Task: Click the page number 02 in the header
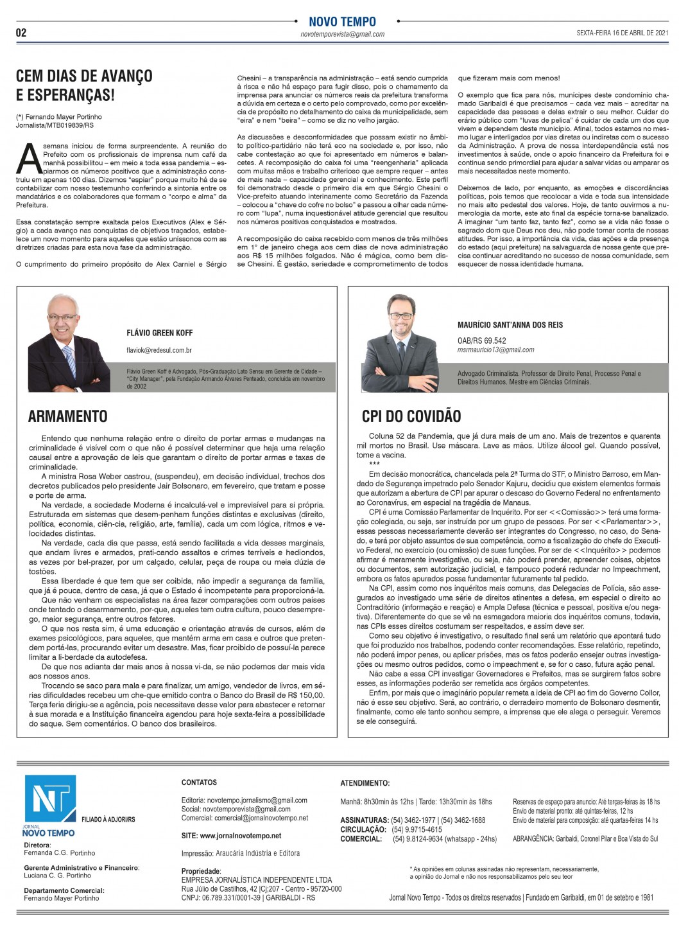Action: point(21,33)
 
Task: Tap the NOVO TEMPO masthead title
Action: point(342,22)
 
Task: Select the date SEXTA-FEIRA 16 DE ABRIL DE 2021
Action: point(622,33)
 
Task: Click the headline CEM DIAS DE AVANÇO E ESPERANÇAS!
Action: point(84,85)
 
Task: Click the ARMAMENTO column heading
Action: point(68,416)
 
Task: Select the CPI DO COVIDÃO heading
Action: point(411,416)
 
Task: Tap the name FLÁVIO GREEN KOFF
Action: point(160,333)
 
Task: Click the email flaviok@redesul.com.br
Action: point(159,350)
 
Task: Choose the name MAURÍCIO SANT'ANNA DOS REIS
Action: point(510,325)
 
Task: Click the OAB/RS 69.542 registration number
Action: point(481,340)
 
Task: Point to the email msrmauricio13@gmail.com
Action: point(495,350)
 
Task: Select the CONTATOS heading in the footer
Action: point(199,782)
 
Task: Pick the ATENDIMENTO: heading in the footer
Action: point(365,783)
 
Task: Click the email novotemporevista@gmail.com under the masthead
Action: point(342,35)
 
